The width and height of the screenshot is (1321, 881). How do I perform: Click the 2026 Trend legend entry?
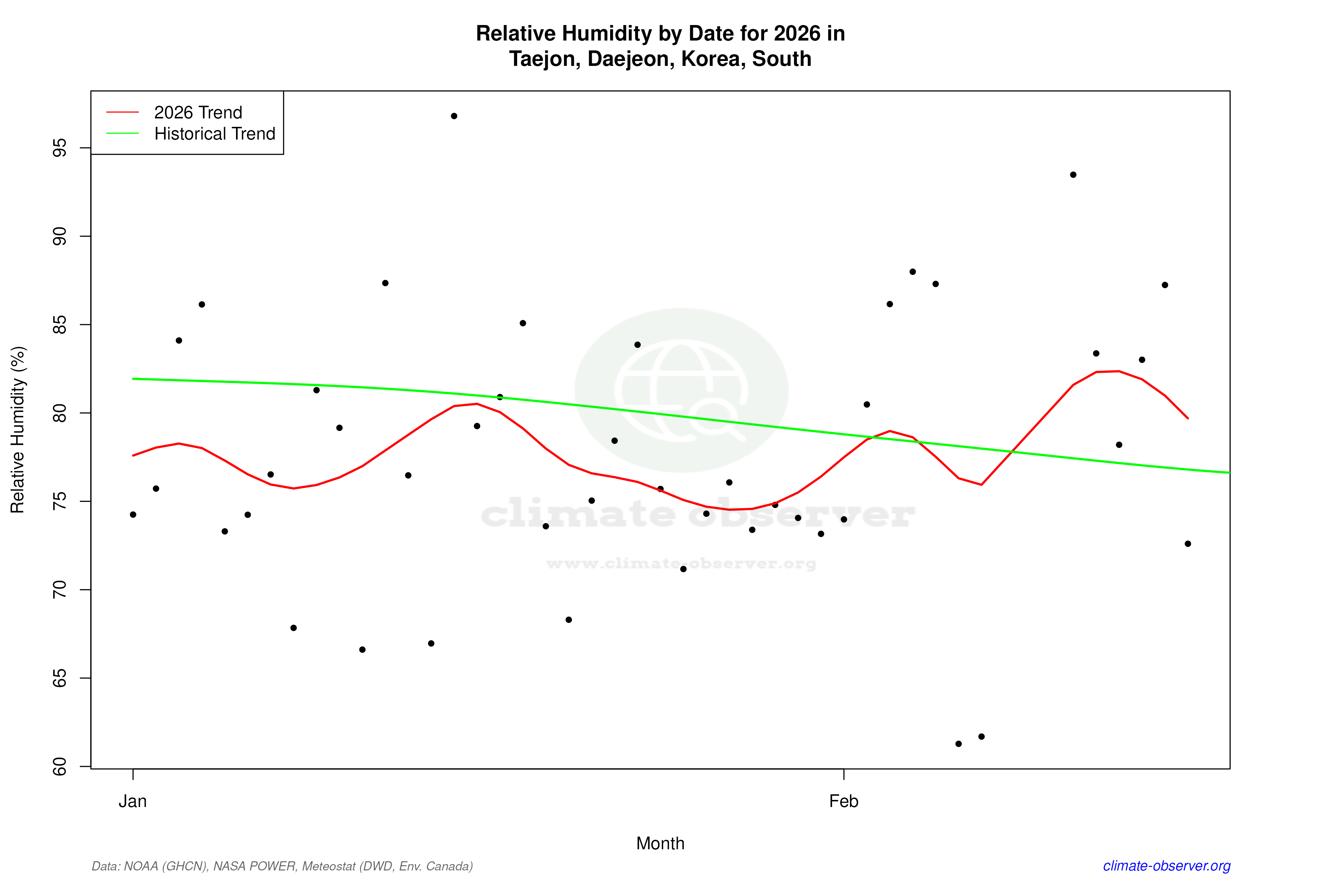pos(198,112)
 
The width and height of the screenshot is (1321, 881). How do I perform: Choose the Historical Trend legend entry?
pos(215,134)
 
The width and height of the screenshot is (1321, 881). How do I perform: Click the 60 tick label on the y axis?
pos(59,766)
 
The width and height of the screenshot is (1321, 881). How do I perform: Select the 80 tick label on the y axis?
pos(59,413)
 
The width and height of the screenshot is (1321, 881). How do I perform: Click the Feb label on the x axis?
pos(844,801)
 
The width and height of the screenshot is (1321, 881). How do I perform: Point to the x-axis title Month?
pos(660,843)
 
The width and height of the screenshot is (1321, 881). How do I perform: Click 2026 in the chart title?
pos(797,34)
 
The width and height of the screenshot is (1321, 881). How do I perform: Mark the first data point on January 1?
pos(133,515)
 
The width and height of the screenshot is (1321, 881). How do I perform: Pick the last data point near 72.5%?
pos(1188,544)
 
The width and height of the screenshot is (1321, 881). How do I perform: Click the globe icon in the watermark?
pos(681,390)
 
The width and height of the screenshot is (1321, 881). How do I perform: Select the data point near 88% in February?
pos(913,272)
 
